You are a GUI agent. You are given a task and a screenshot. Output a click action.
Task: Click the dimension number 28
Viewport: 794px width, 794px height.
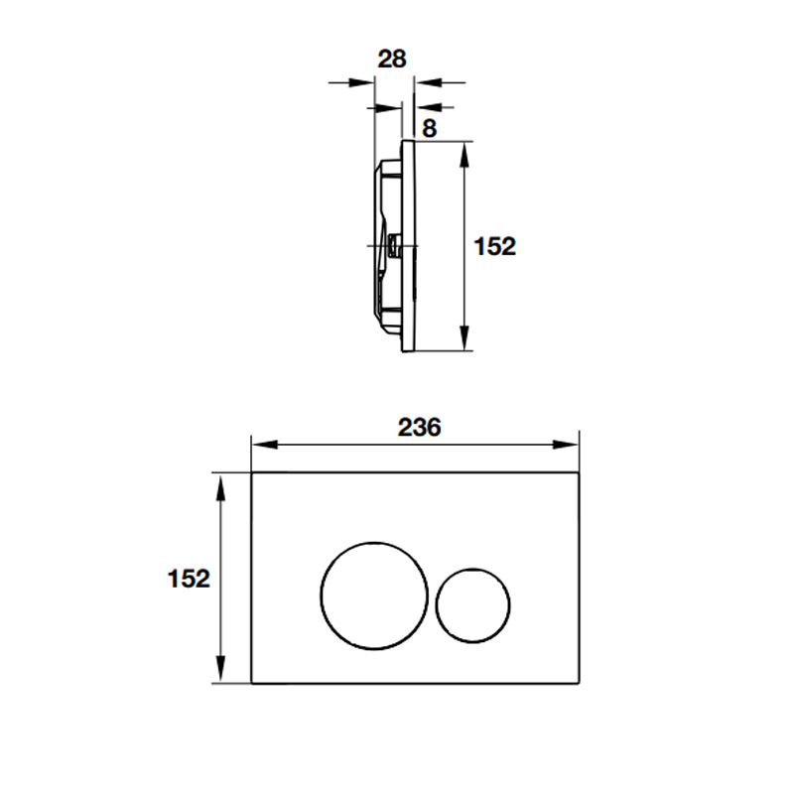tap(392, 60)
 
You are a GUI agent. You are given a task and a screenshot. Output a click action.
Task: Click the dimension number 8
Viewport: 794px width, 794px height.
tap(429, 129)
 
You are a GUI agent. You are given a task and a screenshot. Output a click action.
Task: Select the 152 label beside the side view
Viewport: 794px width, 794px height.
tap(494, 246)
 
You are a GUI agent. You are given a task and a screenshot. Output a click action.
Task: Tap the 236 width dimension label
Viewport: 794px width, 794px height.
tap(419, 428)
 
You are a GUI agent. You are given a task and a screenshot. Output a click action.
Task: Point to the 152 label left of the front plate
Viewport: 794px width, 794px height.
tap(189, 579)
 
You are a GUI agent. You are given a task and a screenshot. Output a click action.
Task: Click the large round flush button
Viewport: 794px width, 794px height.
tap(321, 595)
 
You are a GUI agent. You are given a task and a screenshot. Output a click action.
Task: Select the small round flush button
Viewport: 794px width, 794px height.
tap(436, 605)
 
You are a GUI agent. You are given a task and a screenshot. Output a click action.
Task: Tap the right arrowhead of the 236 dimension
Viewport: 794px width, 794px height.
tap(565, 445)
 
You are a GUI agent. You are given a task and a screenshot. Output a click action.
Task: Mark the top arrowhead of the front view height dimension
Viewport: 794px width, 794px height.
tap(220, 488)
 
